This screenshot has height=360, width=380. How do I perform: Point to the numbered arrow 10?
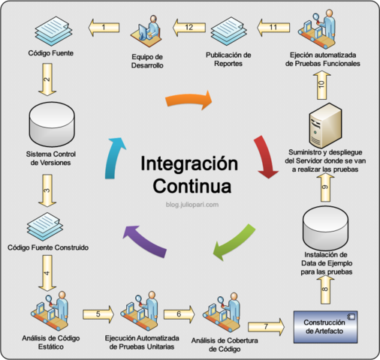pos(321,86)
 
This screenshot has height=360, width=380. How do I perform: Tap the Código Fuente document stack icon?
pos(50,31)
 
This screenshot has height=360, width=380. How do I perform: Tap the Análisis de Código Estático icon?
pos(49,314)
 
